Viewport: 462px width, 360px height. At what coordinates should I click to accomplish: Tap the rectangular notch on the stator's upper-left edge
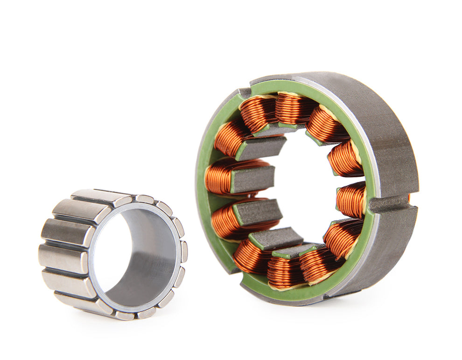244,92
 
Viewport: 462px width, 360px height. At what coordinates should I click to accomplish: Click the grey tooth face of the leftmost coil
252,179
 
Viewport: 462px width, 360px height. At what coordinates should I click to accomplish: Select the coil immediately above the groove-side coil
344,159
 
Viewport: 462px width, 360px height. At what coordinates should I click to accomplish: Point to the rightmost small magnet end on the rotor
184,252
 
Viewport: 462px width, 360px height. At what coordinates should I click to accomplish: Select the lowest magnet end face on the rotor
125,316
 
